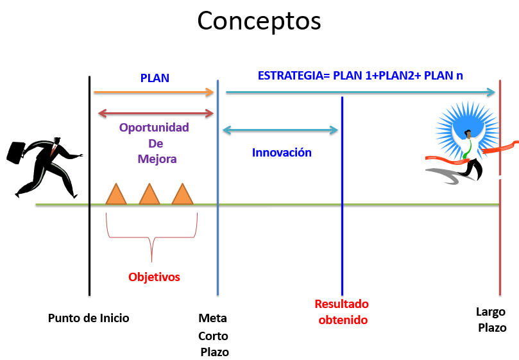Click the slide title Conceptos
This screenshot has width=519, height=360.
[259, 21]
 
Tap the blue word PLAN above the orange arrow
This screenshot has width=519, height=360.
[155, 78]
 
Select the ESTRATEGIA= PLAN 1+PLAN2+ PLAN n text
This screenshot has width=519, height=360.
[360, 76]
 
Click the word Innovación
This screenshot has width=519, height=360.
[282, 153]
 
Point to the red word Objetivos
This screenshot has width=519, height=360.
[154, 277]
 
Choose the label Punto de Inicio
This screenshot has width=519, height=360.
[89, 318]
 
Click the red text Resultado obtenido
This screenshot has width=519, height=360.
[342, 312]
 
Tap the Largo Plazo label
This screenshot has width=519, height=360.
[491, 320]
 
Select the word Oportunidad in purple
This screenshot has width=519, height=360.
[154, 128]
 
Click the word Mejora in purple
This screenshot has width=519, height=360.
[157, 159]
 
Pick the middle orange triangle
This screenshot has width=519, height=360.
[149, 194]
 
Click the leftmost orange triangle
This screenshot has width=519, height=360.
[116, 194]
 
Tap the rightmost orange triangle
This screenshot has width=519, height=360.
[182, 194]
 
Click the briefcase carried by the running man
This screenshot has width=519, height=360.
[16, 153]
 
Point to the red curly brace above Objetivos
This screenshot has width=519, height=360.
[151, 237]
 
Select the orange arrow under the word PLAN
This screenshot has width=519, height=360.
[154, 92]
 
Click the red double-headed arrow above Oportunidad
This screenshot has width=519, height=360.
[156, 114]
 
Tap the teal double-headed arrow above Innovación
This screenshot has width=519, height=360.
[280, 130]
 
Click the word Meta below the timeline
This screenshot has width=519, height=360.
[212, 318]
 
